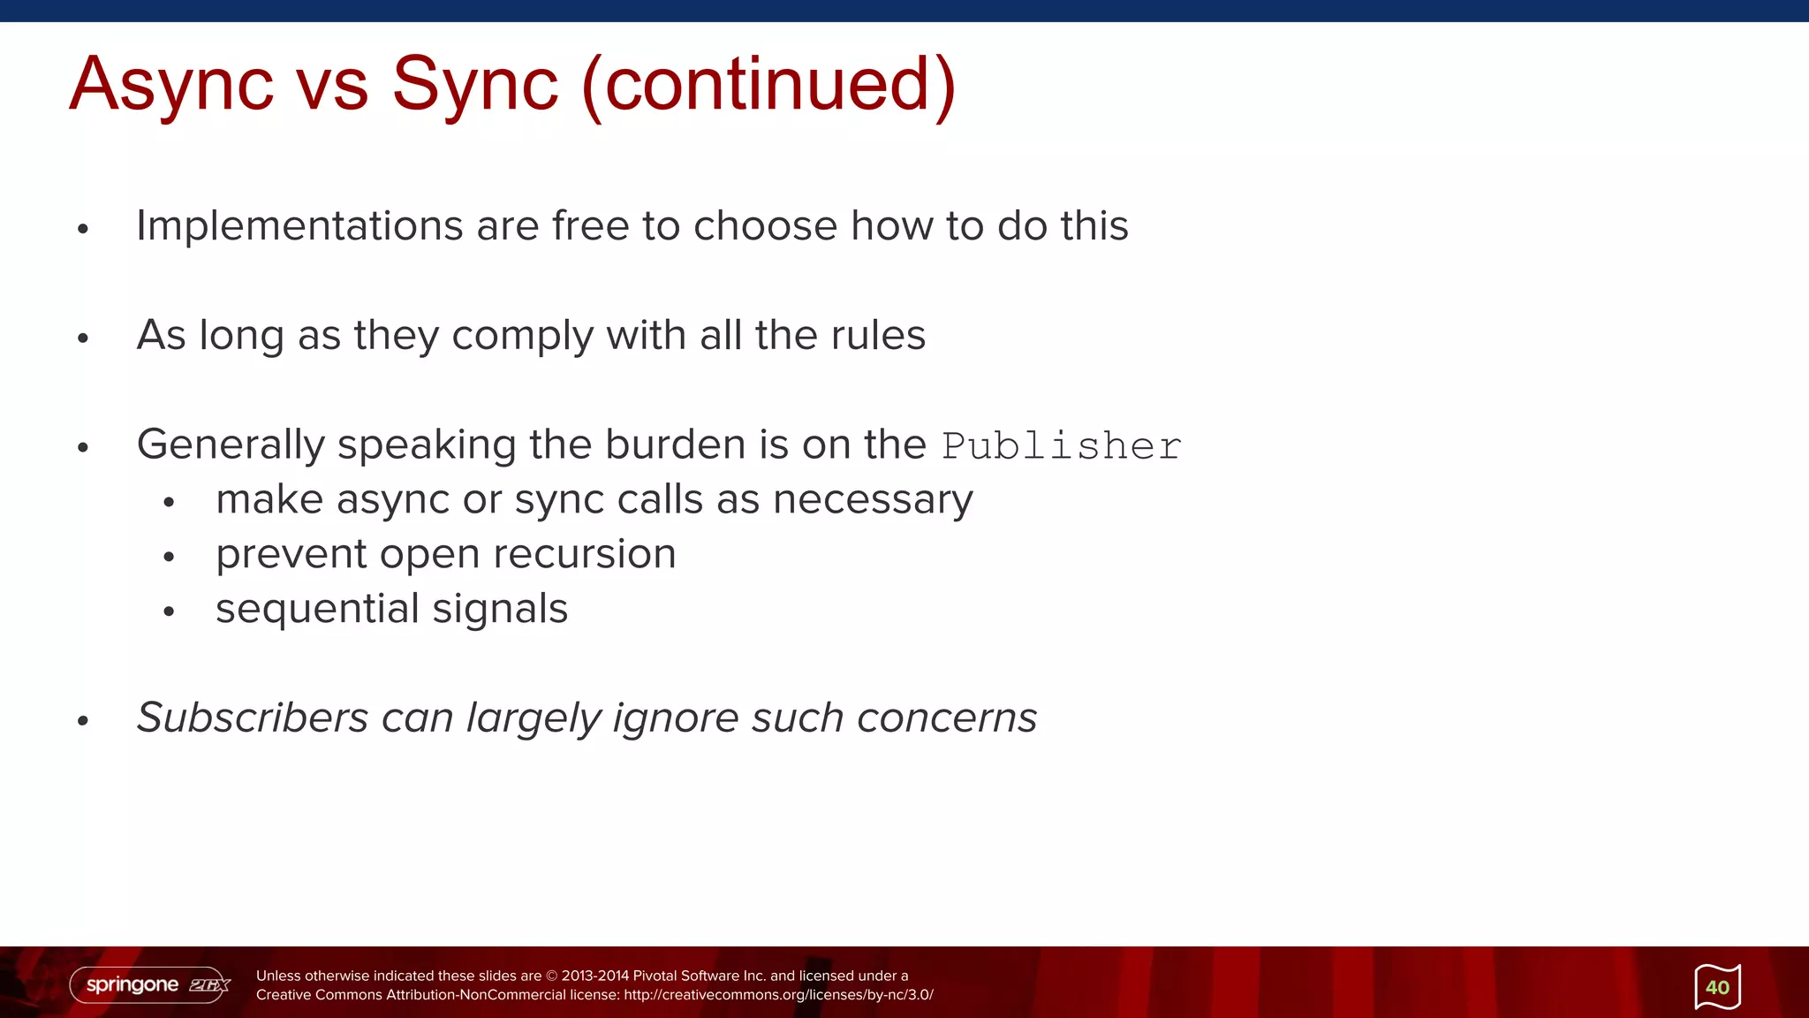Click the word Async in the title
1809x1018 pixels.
[x=171, y=85]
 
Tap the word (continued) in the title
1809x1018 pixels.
[x=768, y=85]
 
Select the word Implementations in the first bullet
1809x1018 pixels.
[x=299, y=226]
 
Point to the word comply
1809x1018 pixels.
[x=522, y=337]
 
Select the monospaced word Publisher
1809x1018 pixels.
[x=1061, y=446]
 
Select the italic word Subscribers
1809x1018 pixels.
[x=253, y=718]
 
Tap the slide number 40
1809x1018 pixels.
[x=1717, y=987]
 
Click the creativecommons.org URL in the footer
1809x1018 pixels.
[x=778, y=995]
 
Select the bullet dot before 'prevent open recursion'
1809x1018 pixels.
[x=170, y=557]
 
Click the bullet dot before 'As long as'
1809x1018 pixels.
[x=83, y=338]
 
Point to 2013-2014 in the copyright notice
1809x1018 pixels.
[x=594, y=976]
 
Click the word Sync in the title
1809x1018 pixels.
[x=475, y=85]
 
